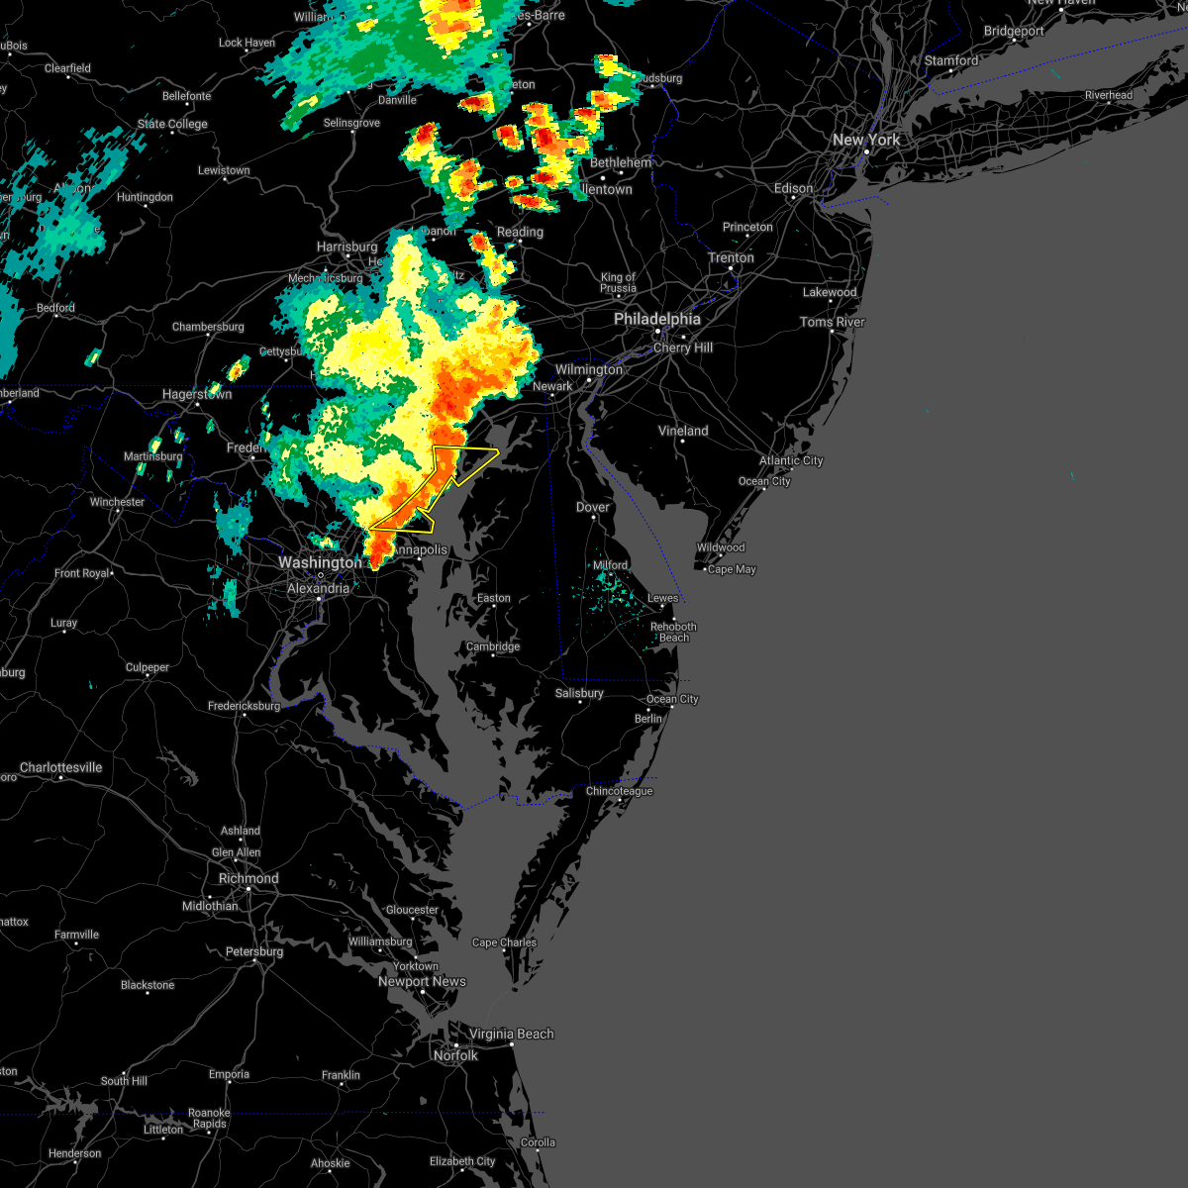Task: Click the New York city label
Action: tap(866, 140)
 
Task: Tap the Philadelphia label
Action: tap(656, 319)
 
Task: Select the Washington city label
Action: tap(319, 562)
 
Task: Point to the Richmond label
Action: tap(248, 878)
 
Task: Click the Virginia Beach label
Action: tap(511, 1034)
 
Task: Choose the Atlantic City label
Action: tap(791, 460)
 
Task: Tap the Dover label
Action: tap(593, 507)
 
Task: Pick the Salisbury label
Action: tap(579, 693)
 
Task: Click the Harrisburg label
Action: tap(346, 247)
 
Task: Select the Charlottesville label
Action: tap(60, 767)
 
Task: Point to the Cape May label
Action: tap(732, 569)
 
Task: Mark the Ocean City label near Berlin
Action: tap(672, 699)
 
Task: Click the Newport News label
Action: tap(422, 981)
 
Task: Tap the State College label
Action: tap(172, 124)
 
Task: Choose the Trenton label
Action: tap(731, 257)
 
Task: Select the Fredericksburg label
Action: tap(244, 706)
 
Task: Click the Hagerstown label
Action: tap(197, 394)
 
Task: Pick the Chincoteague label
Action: tap(619, 791)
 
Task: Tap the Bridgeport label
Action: tap(1013, 31)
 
